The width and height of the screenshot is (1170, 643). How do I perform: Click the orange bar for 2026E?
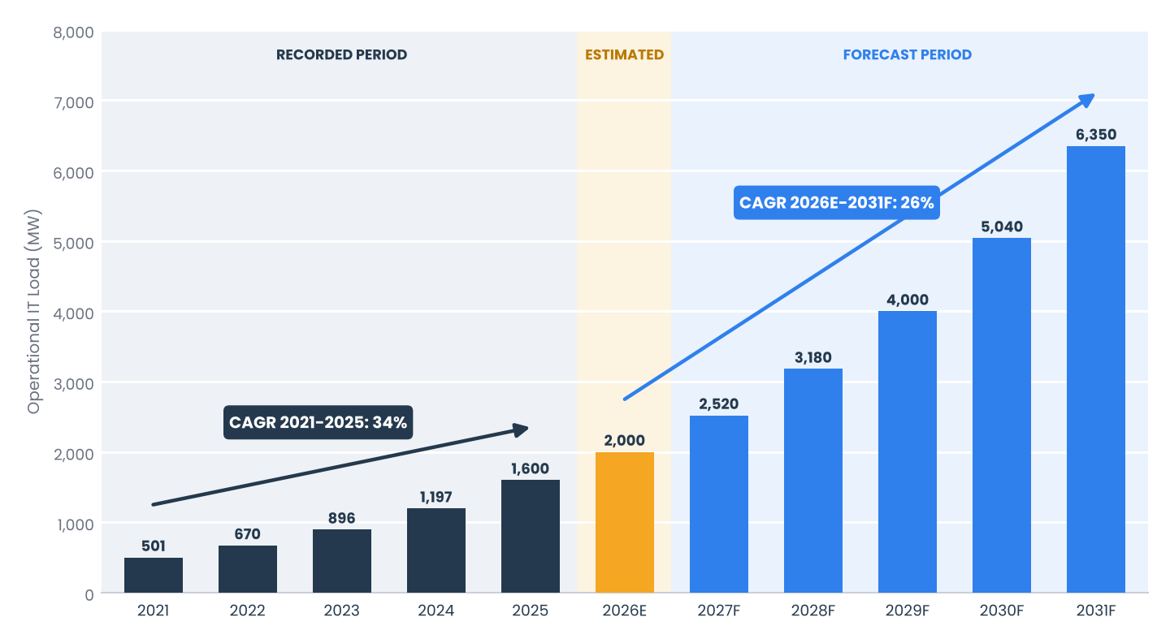pos(624,523)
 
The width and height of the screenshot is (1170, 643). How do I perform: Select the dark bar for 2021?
pos(154,575)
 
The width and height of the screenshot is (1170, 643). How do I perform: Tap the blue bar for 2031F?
pos(1096,369)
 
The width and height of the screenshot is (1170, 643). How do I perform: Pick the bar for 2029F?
pos(908,452)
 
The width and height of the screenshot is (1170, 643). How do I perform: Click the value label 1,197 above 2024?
pos(436,497)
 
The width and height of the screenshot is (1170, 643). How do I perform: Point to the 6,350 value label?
pos(1096,135)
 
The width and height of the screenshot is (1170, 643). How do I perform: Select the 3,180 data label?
pos(813,357)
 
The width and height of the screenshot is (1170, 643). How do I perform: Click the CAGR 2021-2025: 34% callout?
pos(318,422)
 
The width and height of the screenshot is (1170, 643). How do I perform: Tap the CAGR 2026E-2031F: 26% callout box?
pos(837,202)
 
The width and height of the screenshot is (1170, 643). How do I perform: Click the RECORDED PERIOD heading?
pos(341,55)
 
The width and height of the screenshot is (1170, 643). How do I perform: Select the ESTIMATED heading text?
pos(624,55)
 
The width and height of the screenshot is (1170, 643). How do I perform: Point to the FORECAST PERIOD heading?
pos(908,55)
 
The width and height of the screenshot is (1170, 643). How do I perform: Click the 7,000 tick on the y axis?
pos(74,103)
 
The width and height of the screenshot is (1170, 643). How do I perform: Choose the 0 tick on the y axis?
pos(89,595)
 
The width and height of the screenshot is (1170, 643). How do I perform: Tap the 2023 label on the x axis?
pos(341,611)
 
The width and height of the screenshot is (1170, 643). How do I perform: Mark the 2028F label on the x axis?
pos(813,611)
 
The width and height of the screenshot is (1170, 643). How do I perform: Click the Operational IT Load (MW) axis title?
pos(33,312)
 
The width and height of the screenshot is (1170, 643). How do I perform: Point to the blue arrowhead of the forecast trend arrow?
pos(1087,100)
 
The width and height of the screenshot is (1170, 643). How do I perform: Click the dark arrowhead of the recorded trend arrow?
pos(521,430)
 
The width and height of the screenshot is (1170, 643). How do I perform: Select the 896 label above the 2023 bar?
pos(341,518)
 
